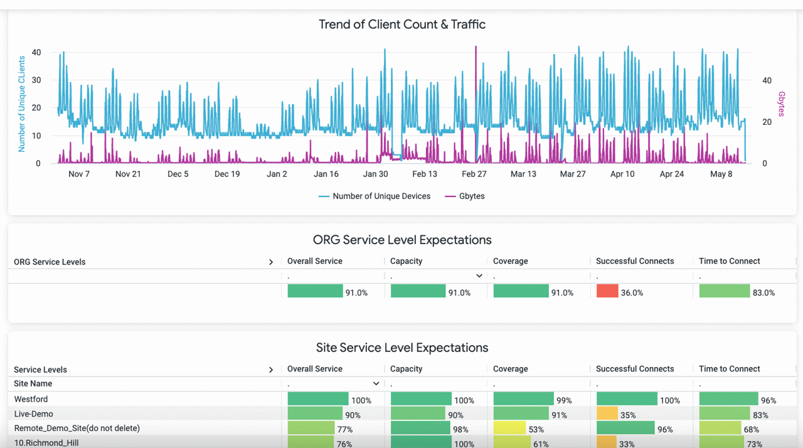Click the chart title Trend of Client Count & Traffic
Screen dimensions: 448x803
(x=401, y=24)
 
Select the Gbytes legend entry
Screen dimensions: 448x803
(x=465, y=196)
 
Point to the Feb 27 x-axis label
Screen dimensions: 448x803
(x=474, y=174)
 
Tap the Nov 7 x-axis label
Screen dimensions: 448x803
(x=79, y=174)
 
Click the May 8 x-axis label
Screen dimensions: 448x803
(x=721, y=174)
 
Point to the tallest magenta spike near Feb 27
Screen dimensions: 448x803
(x=476, y=50)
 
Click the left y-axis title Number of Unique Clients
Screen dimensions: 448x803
(x=22, y=104)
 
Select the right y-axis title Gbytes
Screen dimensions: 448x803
(x=782, y=104)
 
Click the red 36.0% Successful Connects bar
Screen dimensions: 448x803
(x=607, y=291)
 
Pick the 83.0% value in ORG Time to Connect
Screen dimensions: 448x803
(x=763, y=293)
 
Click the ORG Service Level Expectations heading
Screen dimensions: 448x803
(x=401, y=240)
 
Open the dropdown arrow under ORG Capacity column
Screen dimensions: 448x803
(x=479, y=276)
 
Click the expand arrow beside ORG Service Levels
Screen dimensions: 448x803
(x=271, y=262)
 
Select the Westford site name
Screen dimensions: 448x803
(x=31, y=399)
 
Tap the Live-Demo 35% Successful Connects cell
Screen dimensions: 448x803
(x=627, y=415)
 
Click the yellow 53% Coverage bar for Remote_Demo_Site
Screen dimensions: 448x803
(x=509, y=429)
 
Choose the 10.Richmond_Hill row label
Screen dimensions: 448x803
(x=46, y=443)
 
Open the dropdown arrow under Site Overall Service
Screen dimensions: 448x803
(x=376, y=383)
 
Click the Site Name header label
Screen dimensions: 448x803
(x=33, y=383)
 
